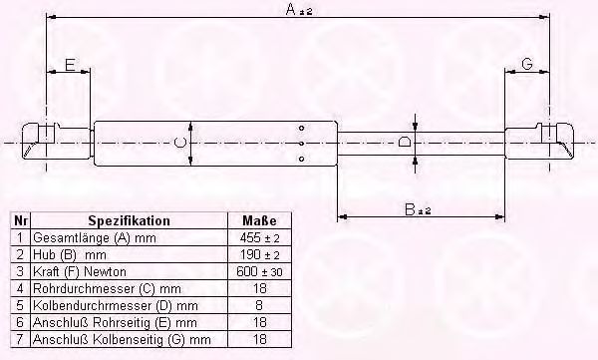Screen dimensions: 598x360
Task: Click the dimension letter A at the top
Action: (x=291, y=10)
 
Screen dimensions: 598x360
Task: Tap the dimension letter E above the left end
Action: (x=70, y=65)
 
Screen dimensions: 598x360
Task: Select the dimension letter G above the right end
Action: (x=527, y=64)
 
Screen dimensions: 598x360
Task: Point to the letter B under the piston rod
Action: (x=410, y=209)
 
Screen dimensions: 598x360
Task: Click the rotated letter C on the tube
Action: (x=179, y=144)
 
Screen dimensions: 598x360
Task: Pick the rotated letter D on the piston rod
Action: (x=404, y=143)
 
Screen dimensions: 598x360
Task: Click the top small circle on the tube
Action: (x=301, y=129)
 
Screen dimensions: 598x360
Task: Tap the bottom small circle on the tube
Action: (x=301, y=159)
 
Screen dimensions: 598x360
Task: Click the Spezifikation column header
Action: (x=129, y=221)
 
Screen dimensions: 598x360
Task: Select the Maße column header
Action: (x=259, y=220)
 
